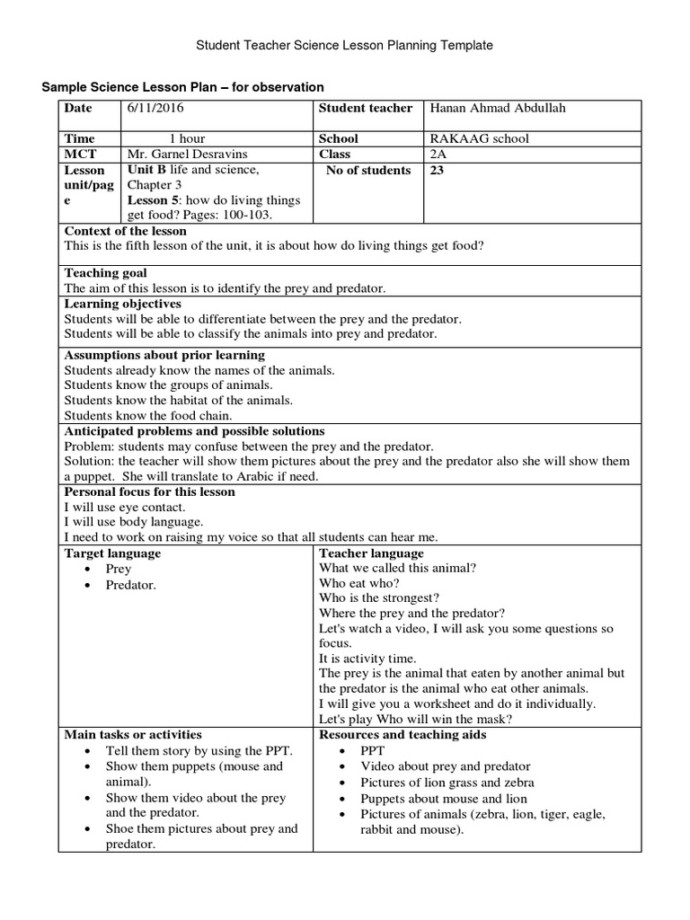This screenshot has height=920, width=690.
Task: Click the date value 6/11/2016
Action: click(x=157, y=109)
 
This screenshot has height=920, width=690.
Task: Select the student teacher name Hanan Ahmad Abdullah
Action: click(x=499, y=109)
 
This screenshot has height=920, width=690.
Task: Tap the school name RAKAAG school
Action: click(x=480, y=138)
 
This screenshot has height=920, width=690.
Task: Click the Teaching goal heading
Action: click(x=106, y=273)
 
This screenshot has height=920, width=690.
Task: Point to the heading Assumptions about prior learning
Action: click(x=164, y=355)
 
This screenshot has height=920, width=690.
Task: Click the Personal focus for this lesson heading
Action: click(x=150, y=492)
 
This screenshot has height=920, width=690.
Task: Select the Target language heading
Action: click(x=113, y=553)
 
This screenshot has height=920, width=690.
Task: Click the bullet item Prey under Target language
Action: click(x=119, y=569)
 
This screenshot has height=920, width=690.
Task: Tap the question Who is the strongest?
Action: click(x=379, y=597)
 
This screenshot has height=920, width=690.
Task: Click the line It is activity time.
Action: click(x=367, y=659)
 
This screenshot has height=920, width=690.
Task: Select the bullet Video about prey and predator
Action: click(x=446, y=766)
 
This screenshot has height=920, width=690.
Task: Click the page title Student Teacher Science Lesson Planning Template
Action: click(x=344, y=44)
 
